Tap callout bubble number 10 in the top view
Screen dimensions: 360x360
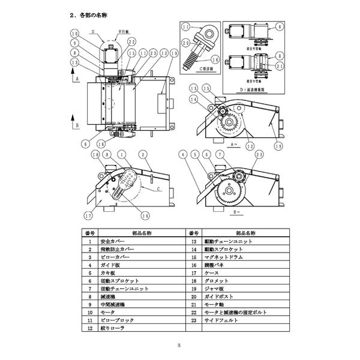click(74, 33)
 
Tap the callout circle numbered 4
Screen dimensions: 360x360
click(182, 154)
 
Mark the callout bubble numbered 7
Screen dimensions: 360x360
click(220, 154)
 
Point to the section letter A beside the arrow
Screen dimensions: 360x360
click(76, 79)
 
